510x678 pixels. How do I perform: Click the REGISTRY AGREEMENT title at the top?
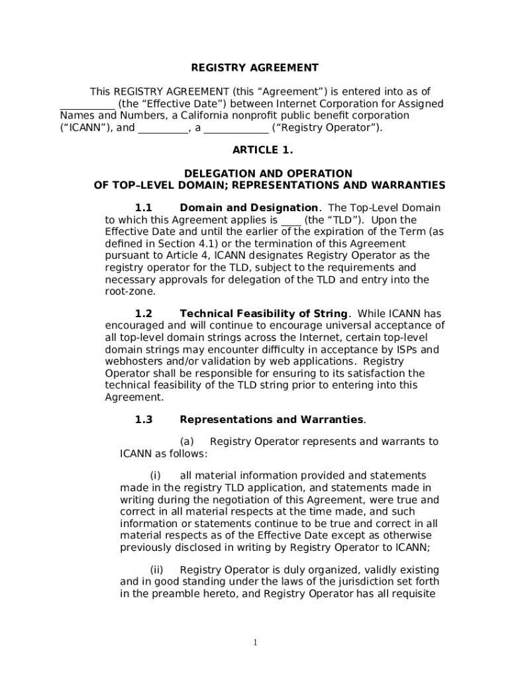pos(254,68)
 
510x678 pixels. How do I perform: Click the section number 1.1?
pos(144,208)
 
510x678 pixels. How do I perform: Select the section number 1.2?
pos(144,314)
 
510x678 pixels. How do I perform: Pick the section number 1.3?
pos(144,420)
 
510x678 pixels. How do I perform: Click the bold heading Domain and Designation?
pos(248,208)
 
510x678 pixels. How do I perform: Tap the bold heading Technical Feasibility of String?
pos(264,314)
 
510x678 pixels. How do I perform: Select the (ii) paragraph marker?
pos(156,570)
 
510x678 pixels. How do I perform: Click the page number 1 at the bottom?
pos(255,643)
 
